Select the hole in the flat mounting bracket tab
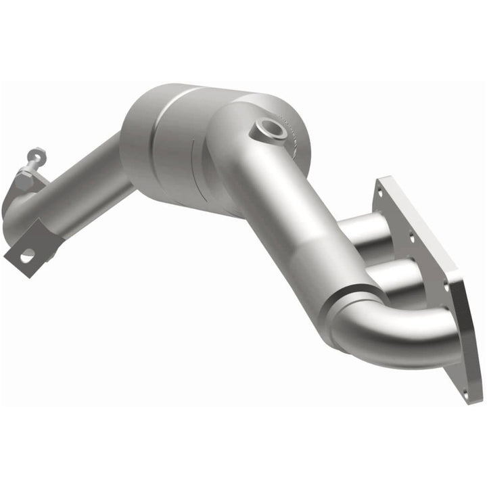(x=27, y=256)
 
